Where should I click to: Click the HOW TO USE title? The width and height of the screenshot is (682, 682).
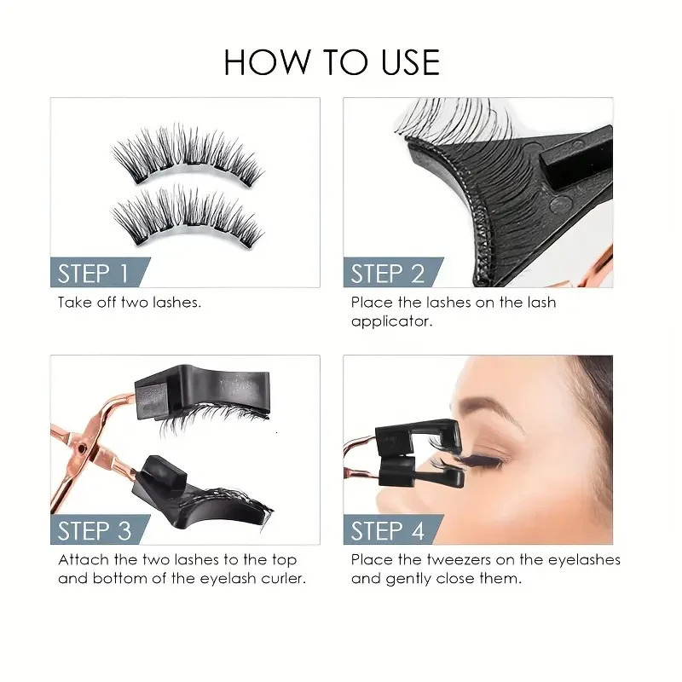coord(332,62)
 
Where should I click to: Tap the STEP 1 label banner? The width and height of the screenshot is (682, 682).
coord(93,273)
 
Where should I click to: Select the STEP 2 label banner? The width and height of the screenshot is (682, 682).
coord(387,273)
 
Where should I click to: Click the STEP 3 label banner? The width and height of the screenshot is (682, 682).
coord(94,530)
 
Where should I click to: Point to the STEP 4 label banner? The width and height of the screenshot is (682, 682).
coord(387,530)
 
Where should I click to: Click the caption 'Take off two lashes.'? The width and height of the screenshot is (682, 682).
coord(130,303)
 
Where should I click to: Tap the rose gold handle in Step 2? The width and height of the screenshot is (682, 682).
coord(601,256)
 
